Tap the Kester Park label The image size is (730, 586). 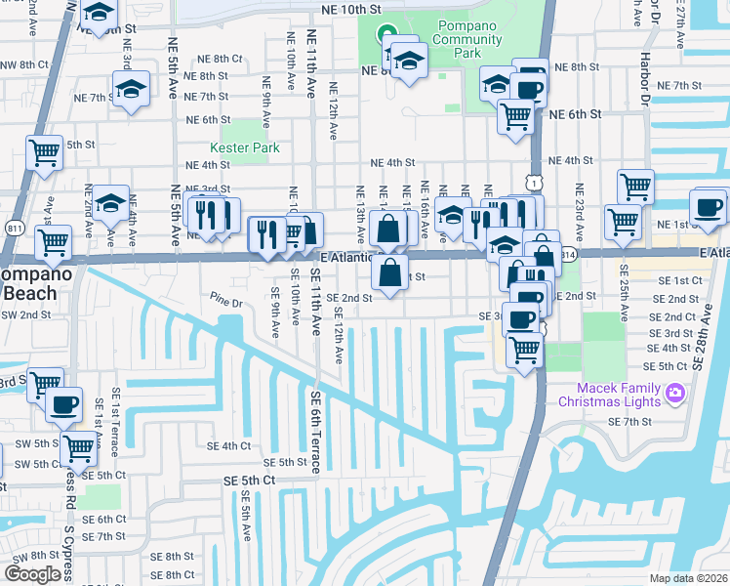point(253,147)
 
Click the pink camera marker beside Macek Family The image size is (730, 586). point(674,394)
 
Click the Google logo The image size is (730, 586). point(33,573)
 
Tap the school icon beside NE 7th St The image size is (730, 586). point(130,89)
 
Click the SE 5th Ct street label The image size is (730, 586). point(248,480)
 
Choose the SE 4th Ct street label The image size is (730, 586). point(228,445)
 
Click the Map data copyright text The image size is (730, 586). point(688,578)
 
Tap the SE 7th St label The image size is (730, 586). point(629,421)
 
